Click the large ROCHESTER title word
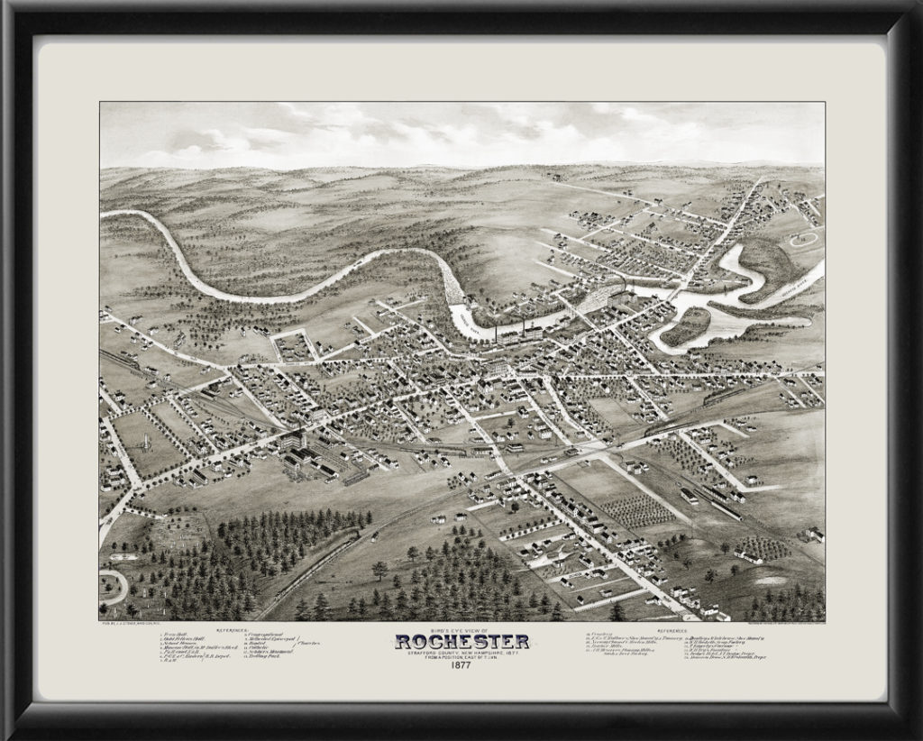[x=461, y=642]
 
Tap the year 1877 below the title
[x=461, y=667]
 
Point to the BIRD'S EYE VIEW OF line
[x=461, y=628]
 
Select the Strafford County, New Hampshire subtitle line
[x=461, y=653]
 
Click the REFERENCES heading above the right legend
[x=672, y=628]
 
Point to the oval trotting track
[x=802, y=240]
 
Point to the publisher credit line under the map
[x=126, y=623]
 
